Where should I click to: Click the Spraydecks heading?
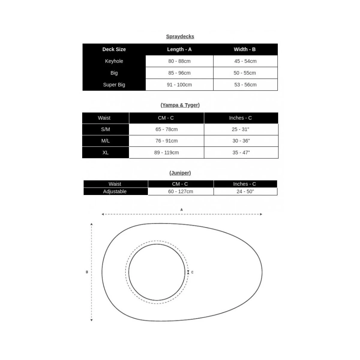(x=180, y=37)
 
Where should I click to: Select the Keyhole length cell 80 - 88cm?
(x=179, y=61)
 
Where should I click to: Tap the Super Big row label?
(x=114, y=85)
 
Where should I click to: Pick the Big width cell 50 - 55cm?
(x=245, y=73)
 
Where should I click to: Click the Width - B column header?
(x=245, y=49)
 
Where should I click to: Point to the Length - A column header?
(x=179, y=49)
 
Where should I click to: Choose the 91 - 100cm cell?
(x=179, y=85)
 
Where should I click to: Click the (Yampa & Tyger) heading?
(x=180, y=105)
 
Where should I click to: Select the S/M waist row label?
(x=106, y=129)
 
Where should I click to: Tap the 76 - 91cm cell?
(x=166, y=141)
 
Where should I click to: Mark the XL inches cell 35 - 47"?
(x=241, y=152)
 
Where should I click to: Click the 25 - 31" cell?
(x=241, y=129)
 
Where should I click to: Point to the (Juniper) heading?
(x=180, y=173)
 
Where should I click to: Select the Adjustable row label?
(x=115, y=191)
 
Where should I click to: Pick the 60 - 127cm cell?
(x=181, y=191)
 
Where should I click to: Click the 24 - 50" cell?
(x=245, y=191)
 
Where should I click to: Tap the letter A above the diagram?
(x=181, y=210)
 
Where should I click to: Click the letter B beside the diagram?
(x=87, y=272)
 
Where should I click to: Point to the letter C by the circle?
(x=192, y=272)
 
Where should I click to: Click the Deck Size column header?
(x=114, y=49)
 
